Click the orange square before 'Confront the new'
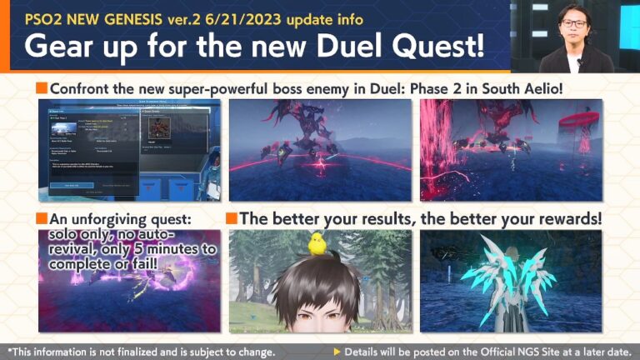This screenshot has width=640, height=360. tap(42, 87)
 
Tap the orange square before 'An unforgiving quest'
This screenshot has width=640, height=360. tap(42, 219)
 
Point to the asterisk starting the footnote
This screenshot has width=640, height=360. tap(8, 350)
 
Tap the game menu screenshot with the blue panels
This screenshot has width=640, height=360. tap(129, 150)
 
